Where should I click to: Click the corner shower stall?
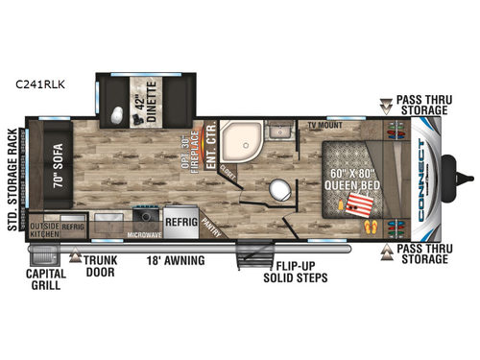237,145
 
